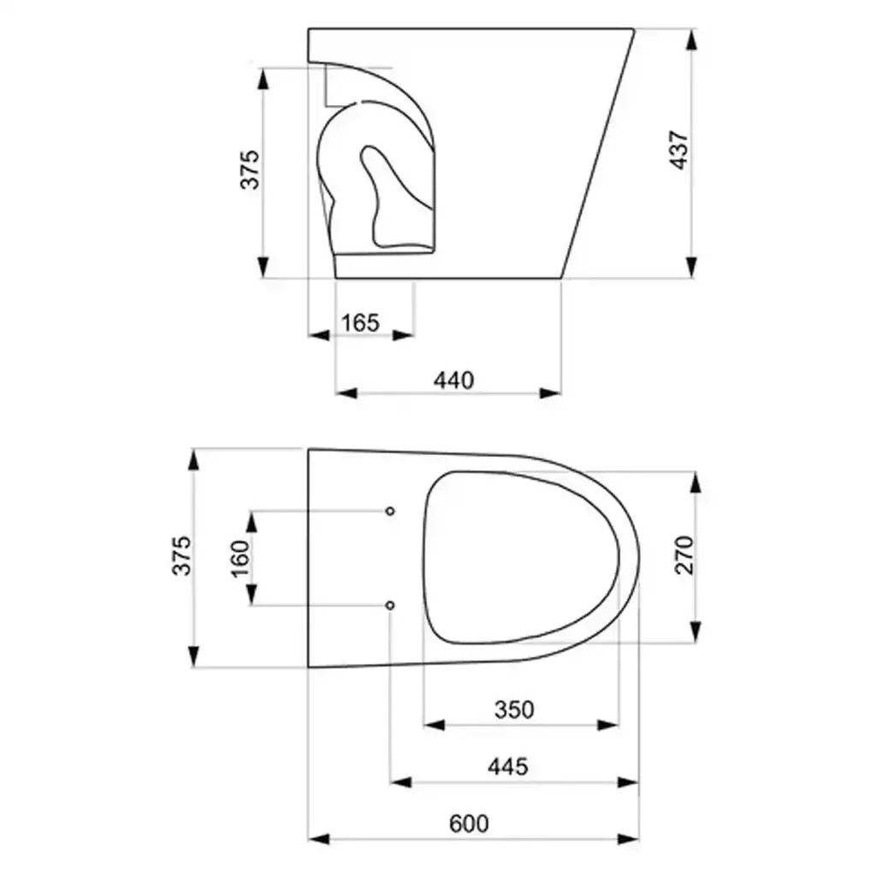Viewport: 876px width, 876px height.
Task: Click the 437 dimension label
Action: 679,150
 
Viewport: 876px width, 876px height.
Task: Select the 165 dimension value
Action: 360,323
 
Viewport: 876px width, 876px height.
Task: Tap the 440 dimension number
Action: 453,381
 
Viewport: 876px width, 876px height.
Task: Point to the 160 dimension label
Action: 240,558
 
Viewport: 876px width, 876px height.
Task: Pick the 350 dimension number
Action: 514,709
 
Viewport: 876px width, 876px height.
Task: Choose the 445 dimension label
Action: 508,766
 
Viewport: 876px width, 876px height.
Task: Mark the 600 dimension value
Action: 469,824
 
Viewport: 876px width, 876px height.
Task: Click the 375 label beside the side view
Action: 250,169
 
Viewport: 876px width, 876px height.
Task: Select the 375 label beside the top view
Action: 181,555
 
